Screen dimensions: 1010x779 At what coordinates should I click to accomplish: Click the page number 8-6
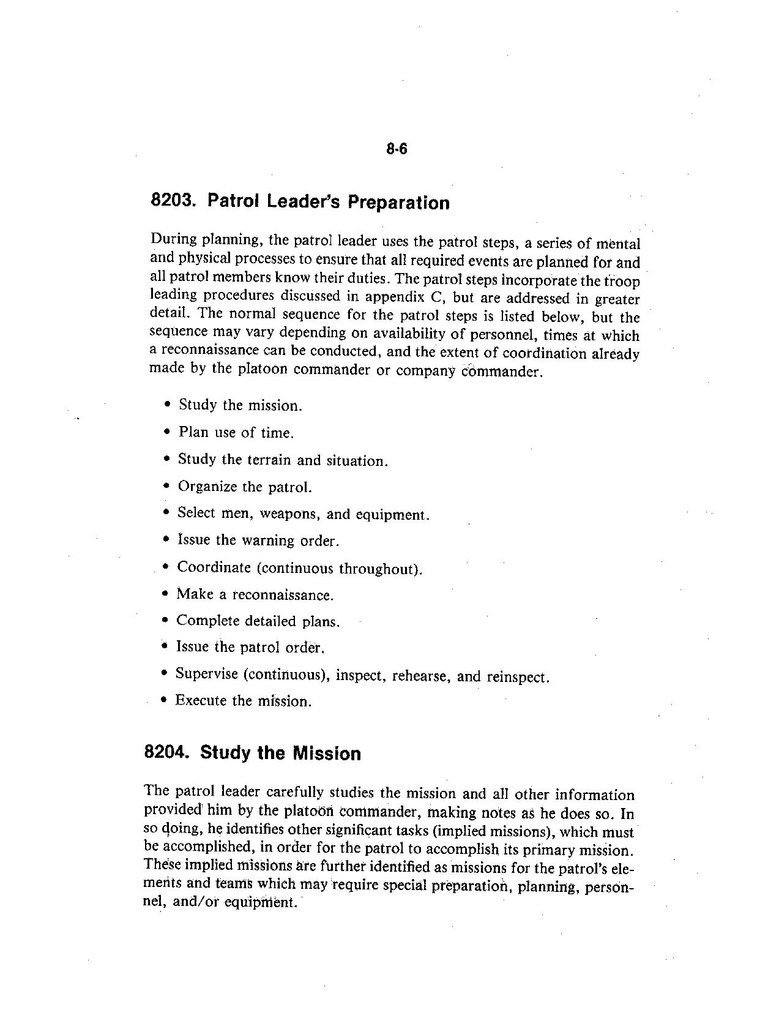pyautogui.click(x=397, y=150)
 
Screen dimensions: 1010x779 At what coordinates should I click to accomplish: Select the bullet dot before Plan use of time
pyautogui.click(x=166, y=433)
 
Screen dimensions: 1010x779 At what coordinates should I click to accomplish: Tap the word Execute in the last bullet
pyautogui.click(x=201, y=700)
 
